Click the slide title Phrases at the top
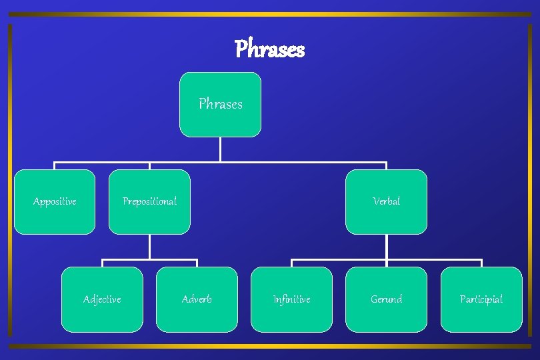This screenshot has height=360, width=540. [x=269, y=49]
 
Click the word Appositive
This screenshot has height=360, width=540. [x=55, y=201]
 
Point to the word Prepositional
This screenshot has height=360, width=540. [x=149, y=201]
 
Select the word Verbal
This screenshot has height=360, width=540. [x=386, y=201]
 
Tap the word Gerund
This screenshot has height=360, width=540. [x=386, y=299]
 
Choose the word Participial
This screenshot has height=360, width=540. [x=481, y=299]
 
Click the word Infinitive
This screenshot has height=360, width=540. [x=291, y=299]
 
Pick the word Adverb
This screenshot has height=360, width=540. [x=197, y=299]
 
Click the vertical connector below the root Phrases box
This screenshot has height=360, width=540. [x=220, y=149]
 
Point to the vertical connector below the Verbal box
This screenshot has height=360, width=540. [x=386, y=247]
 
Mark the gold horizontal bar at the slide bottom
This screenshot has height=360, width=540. [x=270, y=346]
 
